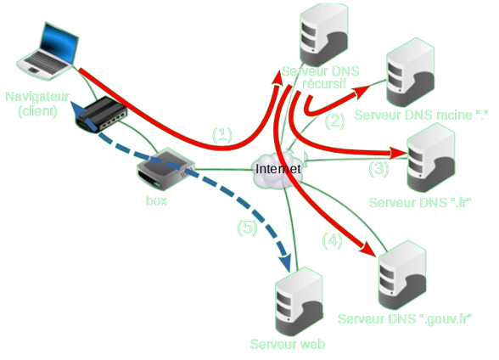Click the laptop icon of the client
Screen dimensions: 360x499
51,51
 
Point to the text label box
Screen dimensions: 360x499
156,201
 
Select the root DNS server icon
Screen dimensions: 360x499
410,73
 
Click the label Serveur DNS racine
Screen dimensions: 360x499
417,113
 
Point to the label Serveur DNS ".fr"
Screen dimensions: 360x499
421,203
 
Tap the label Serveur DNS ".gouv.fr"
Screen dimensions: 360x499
405,318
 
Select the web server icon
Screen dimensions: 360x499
299,302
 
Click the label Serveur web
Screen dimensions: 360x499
288,344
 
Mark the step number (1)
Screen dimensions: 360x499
221,133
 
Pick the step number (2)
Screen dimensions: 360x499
335,121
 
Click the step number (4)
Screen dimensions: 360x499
333,240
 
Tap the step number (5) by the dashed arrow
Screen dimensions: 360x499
246,227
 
